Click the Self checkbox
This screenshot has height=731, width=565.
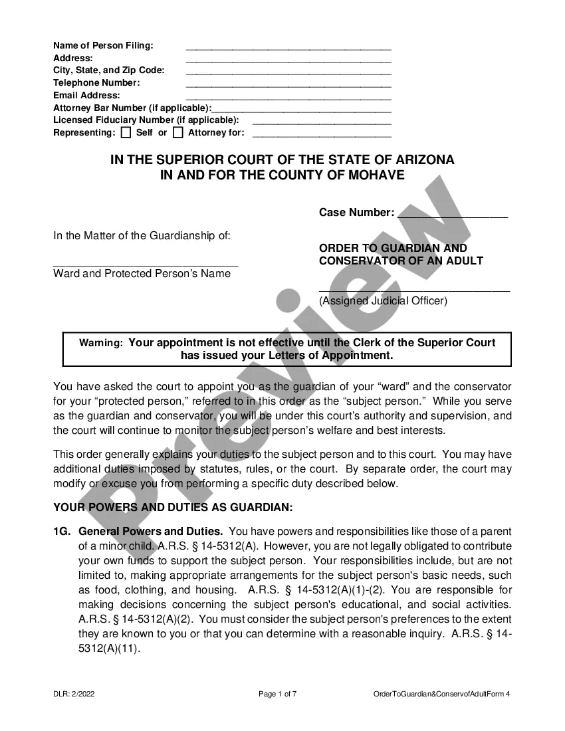point(126,132)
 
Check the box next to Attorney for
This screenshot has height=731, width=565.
point(178,132)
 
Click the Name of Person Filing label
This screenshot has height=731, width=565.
point(103,45)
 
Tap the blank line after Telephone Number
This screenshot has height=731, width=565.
point(288,86)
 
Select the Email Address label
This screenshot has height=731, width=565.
point(86,95)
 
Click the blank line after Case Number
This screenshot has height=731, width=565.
point(452,216)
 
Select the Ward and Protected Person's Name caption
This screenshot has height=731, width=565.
point(142,273)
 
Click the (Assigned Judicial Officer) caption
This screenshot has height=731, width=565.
point(384,300)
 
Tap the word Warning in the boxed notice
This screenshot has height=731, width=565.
point(101,344)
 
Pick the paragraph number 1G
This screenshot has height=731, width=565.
point(62,532)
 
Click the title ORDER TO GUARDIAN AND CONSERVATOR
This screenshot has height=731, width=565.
point(401,254)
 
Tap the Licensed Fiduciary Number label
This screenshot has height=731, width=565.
point(146,120)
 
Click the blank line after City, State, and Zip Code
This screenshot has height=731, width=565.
point(288,73)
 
